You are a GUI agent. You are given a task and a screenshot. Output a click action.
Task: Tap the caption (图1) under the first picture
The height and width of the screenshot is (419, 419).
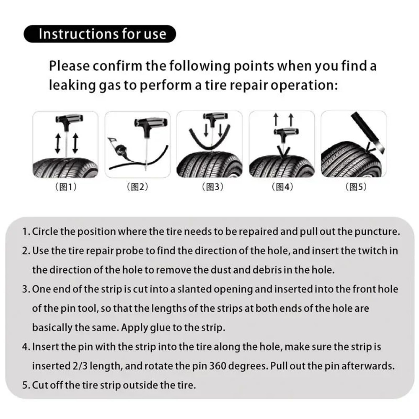tap(66, 187)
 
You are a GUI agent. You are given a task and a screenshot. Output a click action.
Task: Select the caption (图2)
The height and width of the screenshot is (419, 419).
tap(137, 187)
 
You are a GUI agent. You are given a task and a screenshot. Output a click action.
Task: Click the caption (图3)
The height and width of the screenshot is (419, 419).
tap(209, 187)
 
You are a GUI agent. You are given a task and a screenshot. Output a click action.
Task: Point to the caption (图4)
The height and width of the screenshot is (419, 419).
tap(282, 187)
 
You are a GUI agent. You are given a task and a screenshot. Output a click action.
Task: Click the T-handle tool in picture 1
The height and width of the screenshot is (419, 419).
tap(65, 124)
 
